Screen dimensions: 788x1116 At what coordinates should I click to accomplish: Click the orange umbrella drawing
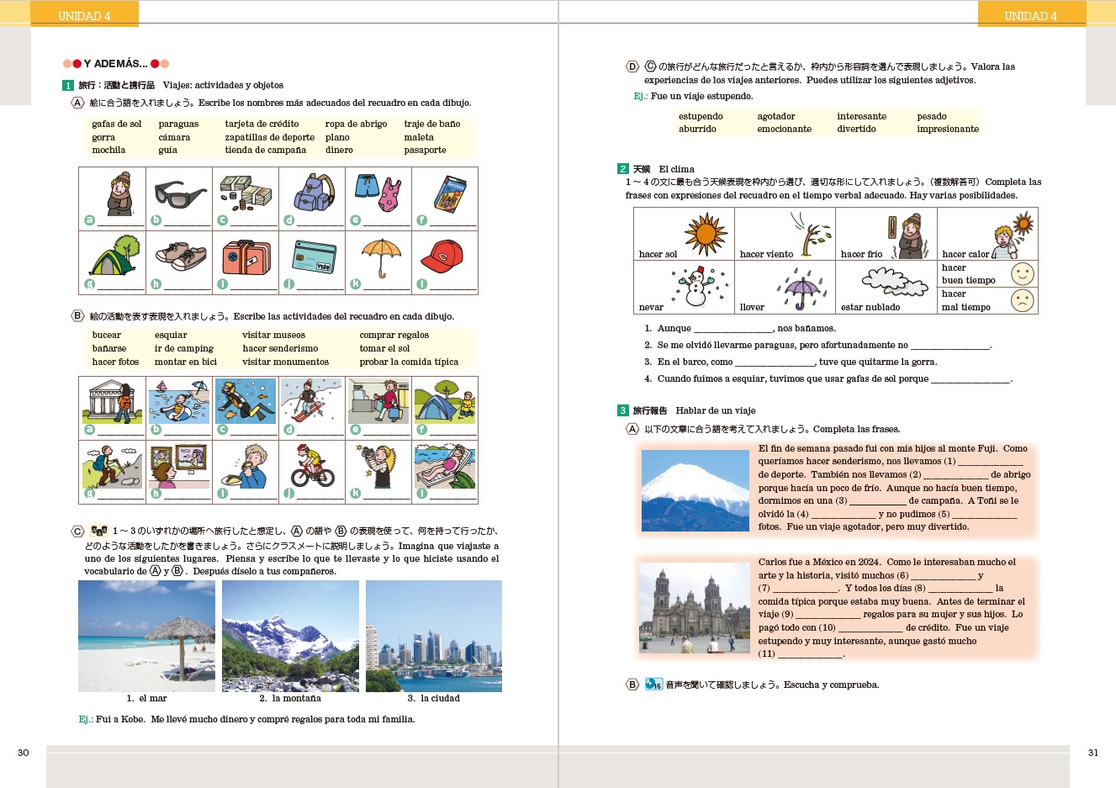[379, 256]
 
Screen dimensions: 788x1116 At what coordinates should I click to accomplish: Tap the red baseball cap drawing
[442, 254]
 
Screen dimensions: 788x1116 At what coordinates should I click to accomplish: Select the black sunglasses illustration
[179, 194]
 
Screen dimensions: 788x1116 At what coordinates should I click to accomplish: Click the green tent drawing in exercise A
[114, 256]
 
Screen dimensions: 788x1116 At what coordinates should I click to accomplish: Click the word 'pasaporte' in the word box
[425, 151]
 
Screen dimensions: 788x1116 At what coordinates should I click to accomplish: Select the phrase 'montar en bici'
[185, 362]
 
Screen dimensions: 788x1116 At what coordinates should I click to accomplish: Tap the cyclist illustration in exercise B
[313, 466]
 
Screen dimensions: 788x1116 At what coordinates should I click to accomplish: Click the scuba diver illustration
[246, 401]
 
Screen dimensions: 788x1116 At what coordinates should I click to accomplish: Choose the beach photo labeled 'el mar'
[146, 636]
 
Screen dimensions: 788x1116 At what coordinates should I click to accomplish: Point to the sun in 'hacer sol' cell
[705, 232]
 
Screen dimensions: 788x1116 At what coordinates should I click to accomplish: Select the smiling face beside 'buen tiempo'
[1022, 274]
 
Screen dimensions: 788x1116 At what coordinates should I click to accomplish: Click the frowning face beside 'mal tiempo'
[1022, 300]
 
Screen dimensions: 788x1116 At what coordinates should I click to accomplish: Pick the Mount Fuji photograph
[695, 490]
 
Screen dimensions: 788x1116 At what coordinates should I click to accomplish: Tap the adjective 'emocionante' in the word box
[784, 130]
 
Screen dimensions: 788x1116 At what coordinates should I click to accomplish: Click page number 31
[1092, 753]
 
